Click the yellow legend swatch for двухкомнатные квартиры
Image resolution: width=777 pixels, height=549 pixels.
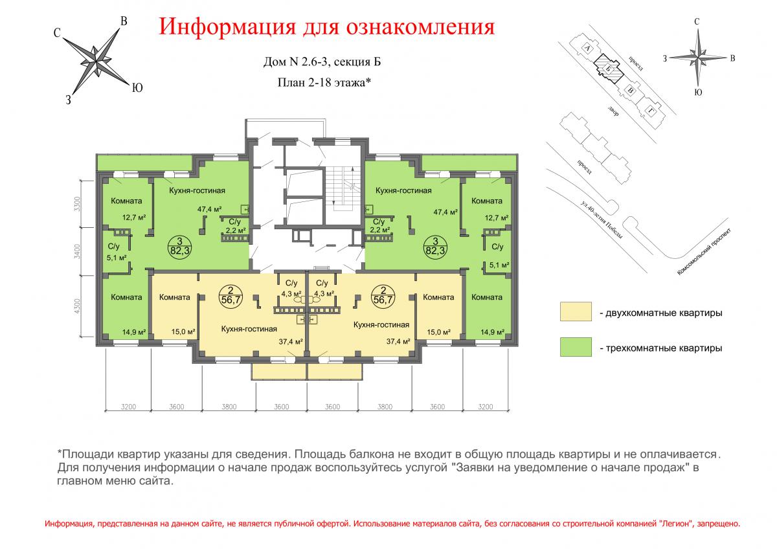(576, 311)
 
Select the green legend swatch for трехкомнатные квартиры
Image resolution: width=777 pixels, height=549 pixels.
(576, 347)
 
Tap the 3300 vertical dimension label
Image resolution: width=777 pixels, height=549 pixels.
(77, 204)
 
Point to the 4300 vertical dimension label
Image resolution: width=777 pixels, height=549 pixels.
(77, 306)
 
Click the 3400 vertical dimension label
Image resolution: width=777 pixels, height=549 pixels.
(77, 251)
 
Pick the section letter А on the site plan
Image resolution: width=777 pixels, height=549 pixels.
(587, 48)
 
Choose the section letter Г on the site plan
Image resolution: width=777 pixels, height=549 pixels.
(650, 111)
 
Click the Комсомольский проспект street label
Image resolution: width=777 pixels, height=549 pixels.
(704, 251)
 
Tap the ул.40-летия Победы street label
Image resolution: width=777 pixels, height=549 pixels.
(601, 220)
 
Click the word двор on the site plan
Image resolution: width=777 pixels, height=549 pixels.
(613, 111)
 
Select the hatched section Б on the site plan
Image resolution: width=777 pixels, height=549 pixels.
(608, 69)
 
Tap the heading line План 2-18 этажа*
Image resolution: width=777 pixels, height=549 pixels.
(324, 82)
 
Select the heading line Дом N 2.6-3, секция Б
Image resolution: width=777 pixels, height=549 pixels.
(322, 62)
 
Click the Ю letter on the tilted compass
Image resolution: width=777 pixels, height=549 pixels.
(137, 88)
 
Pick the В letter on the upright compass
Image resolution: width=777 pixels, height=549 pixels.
(732, 58)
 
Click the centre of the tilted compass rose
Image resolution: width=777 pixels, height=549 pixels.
(96, 62)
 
